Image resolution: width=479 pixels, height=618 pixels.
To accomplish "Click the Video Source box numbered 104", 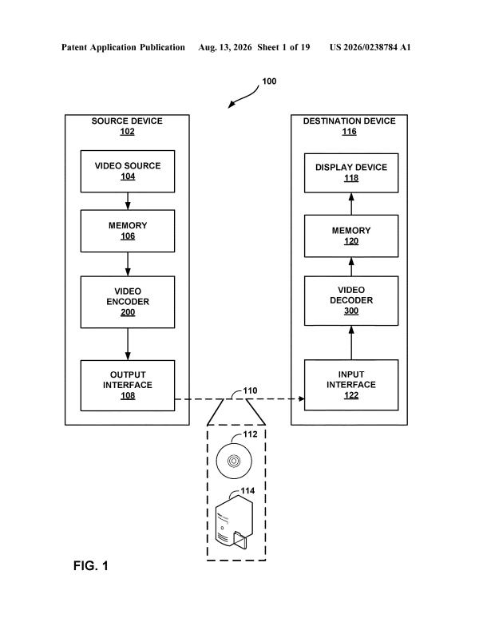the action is (x=128, y=172).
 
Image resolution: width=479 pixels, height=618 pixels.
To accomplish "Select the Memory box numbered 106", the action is (x=128, y=231).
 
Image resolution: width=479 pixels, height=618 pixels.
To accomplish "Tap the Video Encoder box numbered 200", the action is (x=128, y=302).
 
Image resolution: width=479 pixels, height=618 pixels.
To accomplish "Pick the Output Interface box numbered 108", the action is (x=128, y=386).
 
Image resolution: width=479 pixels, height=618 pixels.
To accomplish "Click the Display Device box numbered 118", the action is (x=351, y=173).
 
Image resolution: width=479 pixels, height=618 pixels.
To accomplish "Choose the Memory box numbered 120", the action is (x=351, y=236).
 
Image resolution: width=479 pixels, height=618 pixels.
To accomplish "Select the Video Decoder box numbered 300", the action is (x=351, y=301).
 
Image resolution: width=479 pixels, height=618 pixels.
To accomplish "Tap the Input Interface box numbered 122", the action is (x=351, y=385).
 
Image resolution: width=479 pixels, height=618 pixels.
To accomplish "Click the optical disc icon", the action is (x=234, y=461).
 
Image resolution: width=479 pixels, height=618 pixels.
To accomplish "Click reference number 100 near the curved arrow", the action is (x=269, y=81).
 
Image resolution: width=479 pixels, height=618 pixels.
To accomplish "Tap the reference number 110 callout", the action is (x=250, y=390).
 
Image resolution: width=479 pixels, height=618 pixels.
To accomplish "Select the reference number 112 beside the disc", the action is (x=250, y=434).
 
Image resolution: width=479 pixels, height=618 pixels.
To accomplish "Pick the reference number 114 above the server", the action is (x=247, y=491).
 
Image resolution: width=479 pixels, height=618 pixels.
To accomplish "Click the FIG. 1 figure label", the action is (x=90, y=566).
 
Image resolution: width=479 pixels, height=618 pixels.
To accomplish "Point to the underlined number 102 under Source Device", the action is (x=127, y=132).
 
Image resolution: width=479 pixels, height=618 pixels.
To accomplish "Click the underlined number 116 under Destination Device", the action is (x=350, y=132).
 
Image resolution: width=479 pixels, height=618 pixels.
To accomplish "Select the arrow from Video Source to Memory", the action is (x=128, y=201).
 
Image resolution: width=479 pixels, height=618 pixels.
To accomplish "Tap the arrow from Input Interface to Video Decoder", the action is (x=351, y=343).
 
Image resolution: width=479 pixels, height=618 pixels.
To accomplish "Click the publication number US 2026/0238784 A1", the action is (x=370, y=47).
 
